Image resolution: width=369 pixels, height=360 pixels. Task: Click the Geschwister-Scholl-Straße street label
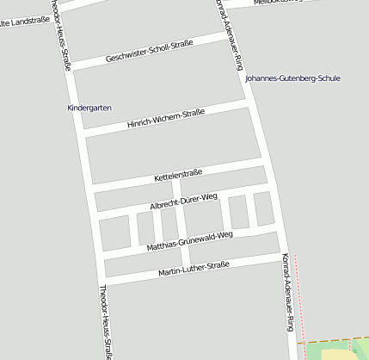coord(150,52)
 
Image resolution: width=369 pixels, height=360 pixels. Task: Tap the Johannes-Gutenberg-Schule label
coord(292,78)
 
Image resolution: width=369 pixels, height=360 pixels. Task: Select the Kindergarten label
coord(89,108)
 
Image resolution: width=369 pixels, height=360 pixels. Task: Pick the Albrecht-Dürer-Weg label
coord(183,202)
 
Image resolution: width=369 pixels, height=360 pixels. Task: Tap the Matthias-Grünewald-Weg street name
coord(190,240)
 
